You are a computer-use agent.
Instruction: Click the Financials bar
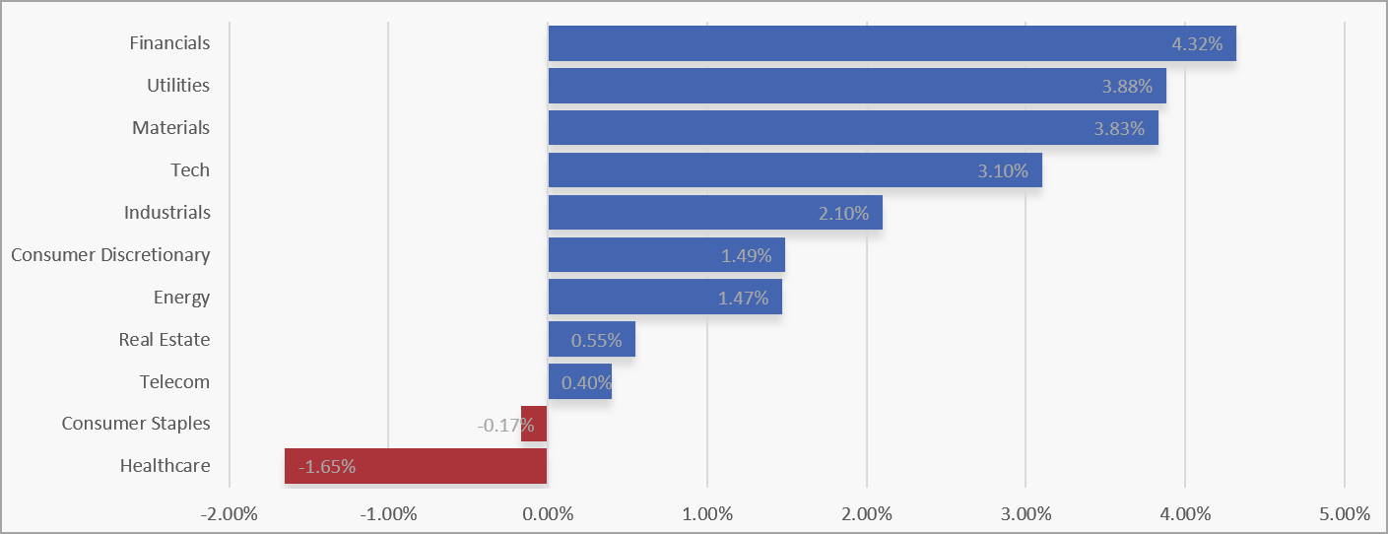pyautogui.click(x=837, y=43)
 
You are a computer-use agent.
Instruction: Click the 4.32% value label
pyautogui.click(x=1197, y=44)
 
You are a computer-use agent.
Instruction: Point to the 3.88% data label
pyautogui.click(x=1127, y=87)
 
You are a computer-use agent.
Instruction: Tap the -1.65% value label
pyautogui.click(x=326, y=467)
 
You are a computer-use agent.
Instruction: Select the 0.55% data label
pyautogui.click(x=596, y=341)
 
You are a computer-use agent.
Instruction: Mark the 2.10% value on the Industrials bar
pyautogui.click(x=843, y=214)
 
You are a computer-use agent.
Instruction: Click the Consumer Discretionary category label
pyautogui.click(x=110, y=255)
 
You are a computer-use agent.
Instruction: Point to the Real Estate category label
pyautogui.click(x=165, y=340)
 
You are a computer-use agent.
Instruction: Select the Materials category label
pyautogui.click(x=171, y=128)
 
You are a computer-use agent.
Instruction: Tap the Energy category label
pyautogui.click(x=182, y=298)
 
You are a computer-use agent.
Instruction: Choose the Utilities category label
pyautogui.click(x=178, y=86)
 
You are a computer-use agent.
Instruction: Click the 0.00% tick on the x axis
pyautogui.click(x=548, y=513)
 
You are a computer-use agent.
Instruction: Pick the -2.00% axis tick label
pyautogui.click(x=229, y=513)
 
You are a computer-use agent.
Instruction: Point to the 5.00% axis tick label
pyautogui.click(x=1345, y=513)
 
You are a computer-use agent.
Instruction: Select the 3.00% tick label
pyautogui.click(x=1025, y=513)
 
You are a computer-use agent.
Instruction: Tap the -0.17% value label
pyautogui.click(x=505, y=426)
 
